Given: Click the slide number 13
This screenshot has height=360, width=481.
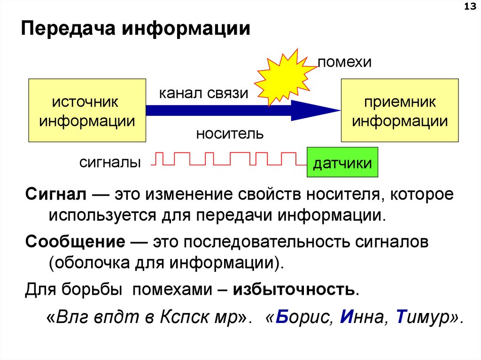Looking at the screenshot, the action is (x=468, y=7).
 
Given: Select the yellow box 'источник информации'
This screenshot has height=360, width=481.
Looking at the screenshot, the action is (x=87, y=111).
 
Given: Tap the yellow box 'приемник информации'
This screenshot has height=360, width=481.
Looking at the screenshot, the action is (x=400, y=111).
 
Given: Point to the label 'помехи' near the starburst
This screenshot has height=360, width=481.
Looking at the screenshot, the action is (x=345, y=62).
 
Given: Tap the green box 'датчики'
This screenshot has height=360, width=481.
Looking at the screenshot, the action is (x=342, y=162).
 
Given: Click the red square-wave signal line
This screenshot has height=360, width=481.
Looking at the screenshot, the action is (x=225, y=159).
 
